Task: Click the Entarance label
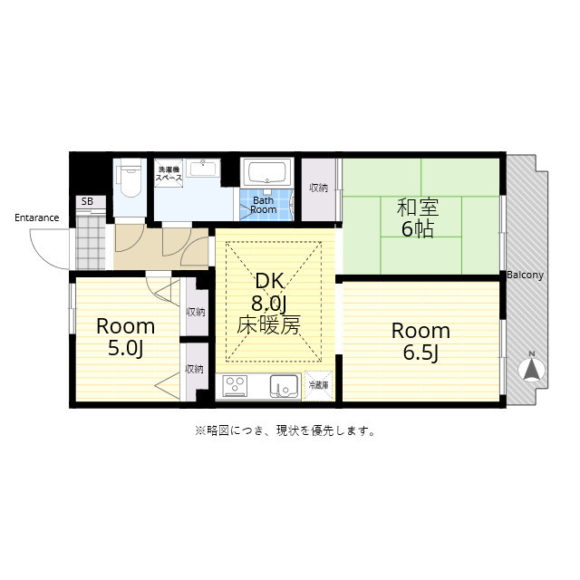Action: tap(36, 217)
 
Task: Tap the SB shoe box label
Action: tap(87, 201)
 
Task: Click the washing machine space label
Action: tap(169, 174)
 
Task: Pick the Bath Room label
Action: tap(264, 205)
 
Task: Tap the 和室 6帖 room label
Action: tap(418, 217)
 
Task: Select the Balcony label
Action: tap(525, 275)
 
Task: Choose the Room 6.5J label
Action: tap(420, 342)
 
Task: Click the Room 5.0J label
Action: tap(125, 336)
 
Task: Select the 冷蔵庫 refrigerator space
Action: tap(319, 385)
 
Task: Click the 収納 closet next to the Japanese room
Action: tap(318, 188)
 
